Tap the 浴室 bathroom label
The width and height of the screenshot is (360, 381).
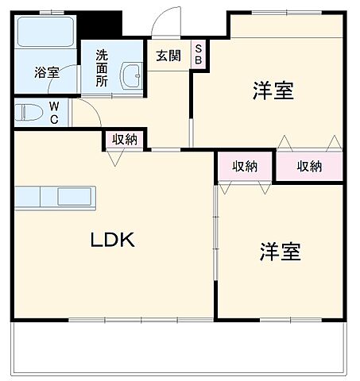[46, 72]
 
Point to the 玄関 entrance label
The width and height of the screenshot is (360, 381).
[168, 56]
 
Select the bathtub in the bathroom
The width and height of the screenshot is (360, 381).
[45, 33]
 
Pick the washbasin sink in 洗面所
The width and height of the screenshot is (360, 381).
[130, 76]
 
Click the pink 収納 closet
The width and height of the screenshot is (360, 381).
[309, 166]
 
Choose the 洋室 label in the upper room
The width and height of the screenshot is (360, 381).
[273, 91]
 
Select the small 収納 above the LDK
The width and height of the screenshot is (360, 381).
[124, 140]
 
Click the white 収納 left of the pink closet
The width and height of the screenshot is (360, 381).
[245, 166]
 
